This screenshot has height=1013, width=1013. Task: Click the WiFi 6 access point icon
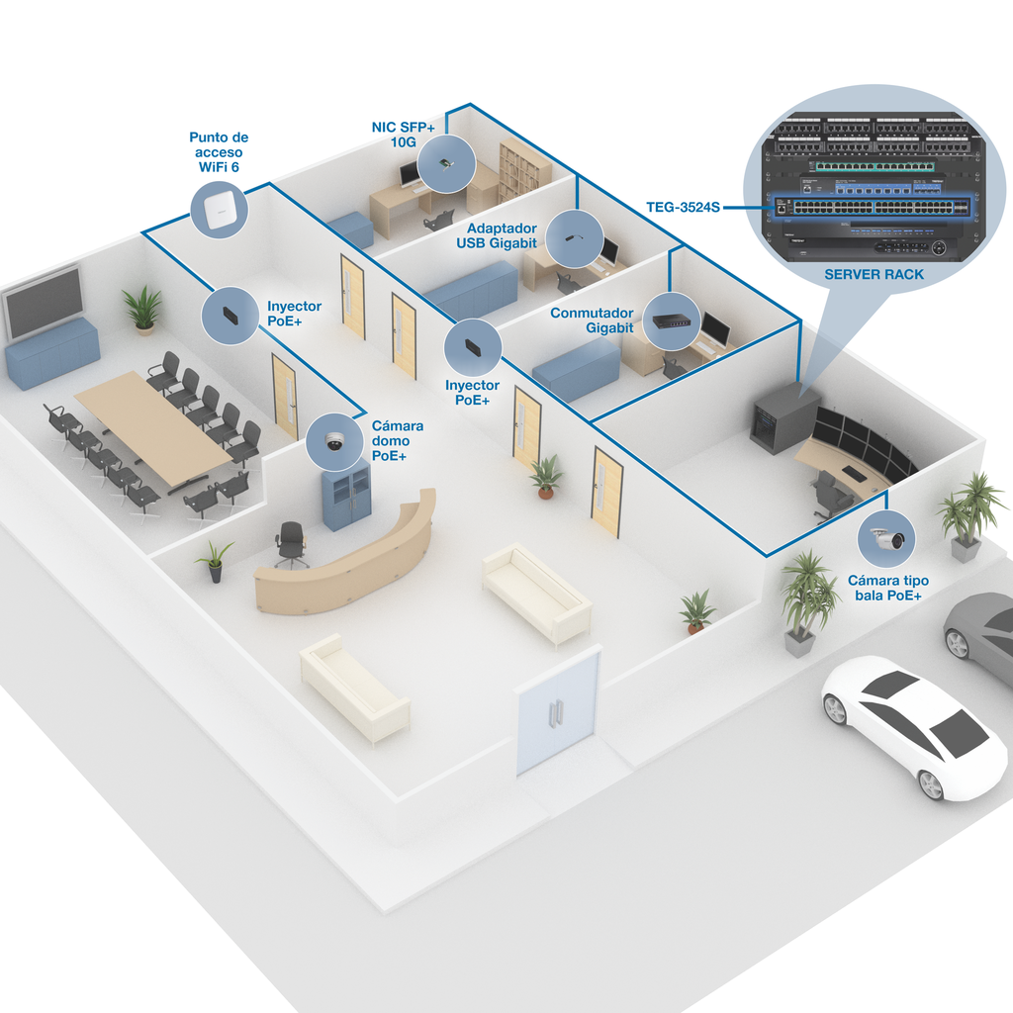219,210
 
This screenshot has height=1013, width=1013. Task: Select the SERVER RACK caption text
874,274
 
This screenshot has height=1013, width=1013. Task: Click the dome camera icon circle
334,442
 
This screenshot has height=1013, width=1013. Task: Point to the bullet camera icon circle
886,539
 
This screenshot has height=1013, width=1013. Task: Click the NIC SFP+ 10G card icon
445,163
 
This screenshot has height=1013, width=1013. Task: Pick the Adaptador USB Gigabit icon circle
575,238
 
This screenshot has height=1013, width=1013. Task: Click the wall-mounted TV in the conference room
43,302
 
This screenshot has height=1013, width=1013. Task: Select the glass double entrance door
558,710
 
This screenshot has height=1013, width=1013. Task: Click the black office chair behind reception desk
291,542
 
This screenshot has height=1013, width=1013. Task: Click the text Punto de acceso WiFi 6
219,152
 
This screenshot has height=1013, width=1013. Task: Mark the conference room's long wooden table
152,425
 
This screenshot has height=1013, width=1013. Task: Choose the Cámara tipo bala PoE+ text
884,588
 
